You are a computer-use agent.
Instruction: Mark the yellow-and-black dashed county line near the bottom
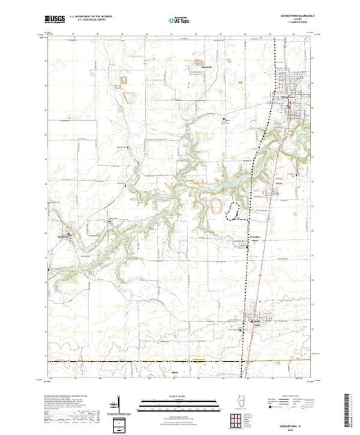138,360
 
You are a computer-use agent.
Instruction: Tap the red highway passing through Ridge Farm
253,304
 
